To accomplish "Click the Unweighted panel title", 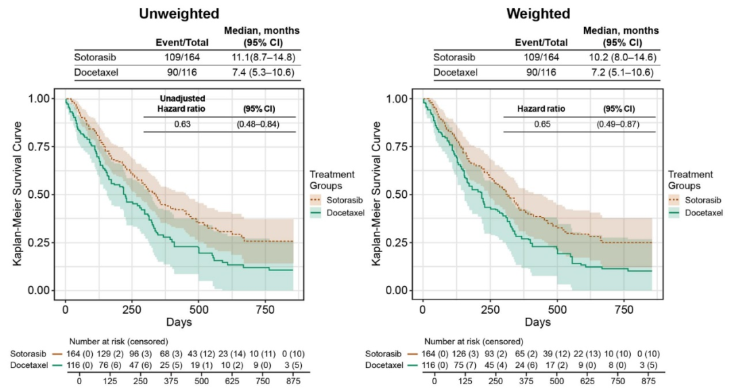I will [x=179, y=13].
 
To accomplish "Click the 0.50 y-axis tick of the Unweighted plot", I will [x=44, y=194].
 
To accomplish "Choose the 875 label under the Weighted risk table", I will [x=648, y=380].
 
